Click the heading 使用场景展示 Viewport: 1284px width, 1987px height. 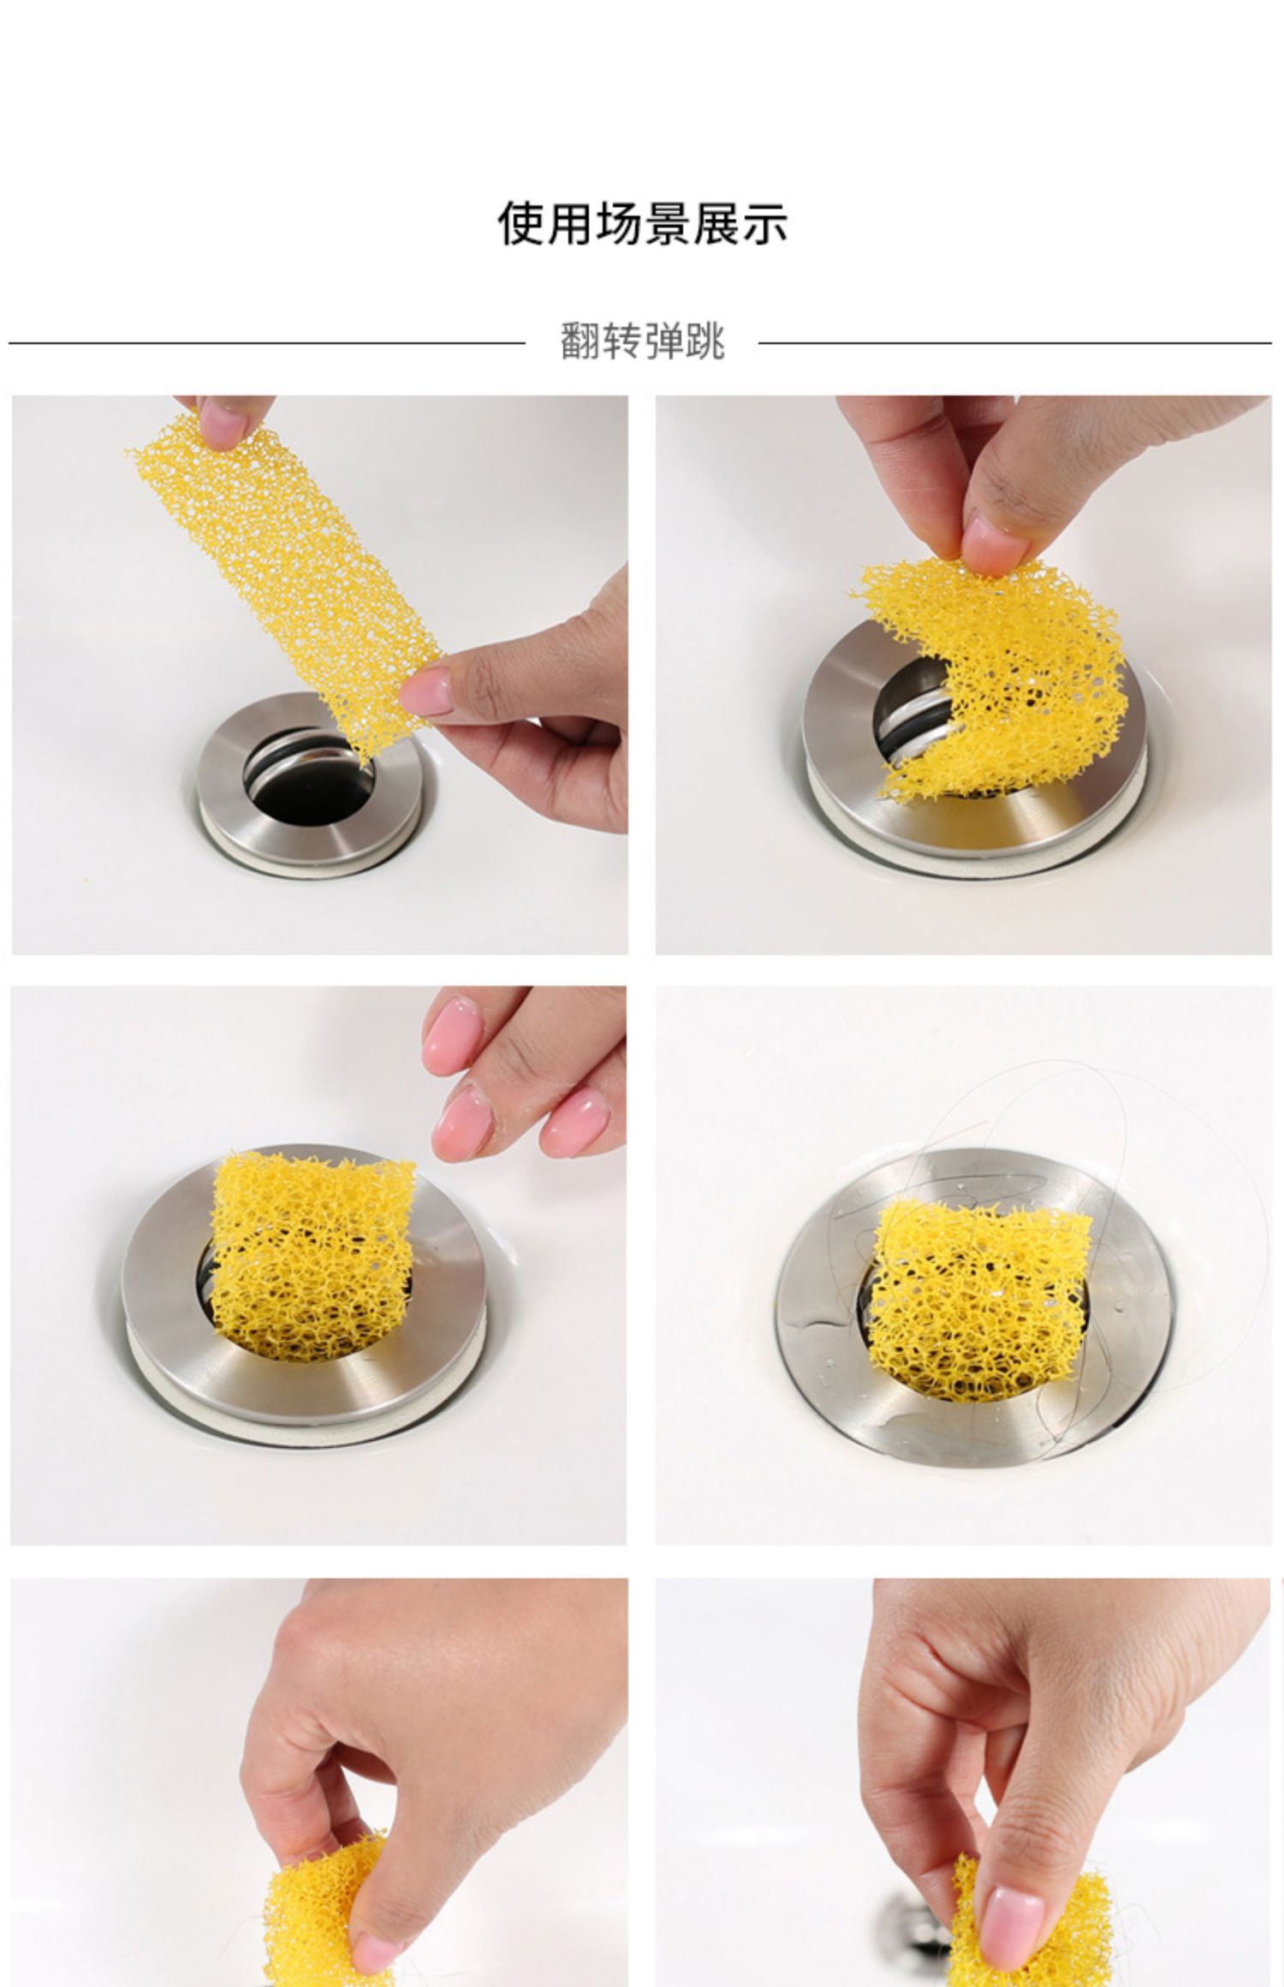pos(642,223)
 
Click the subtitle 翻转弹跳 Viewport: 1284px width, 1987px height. pos(642,341)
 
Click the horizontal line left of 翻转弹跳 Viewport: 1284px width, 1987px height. pos(266,343)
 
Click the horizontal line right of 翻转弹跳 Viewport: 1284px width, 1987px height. pos(1014,343)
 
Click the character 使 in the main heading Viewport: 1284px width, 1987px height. pos(521,223)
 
